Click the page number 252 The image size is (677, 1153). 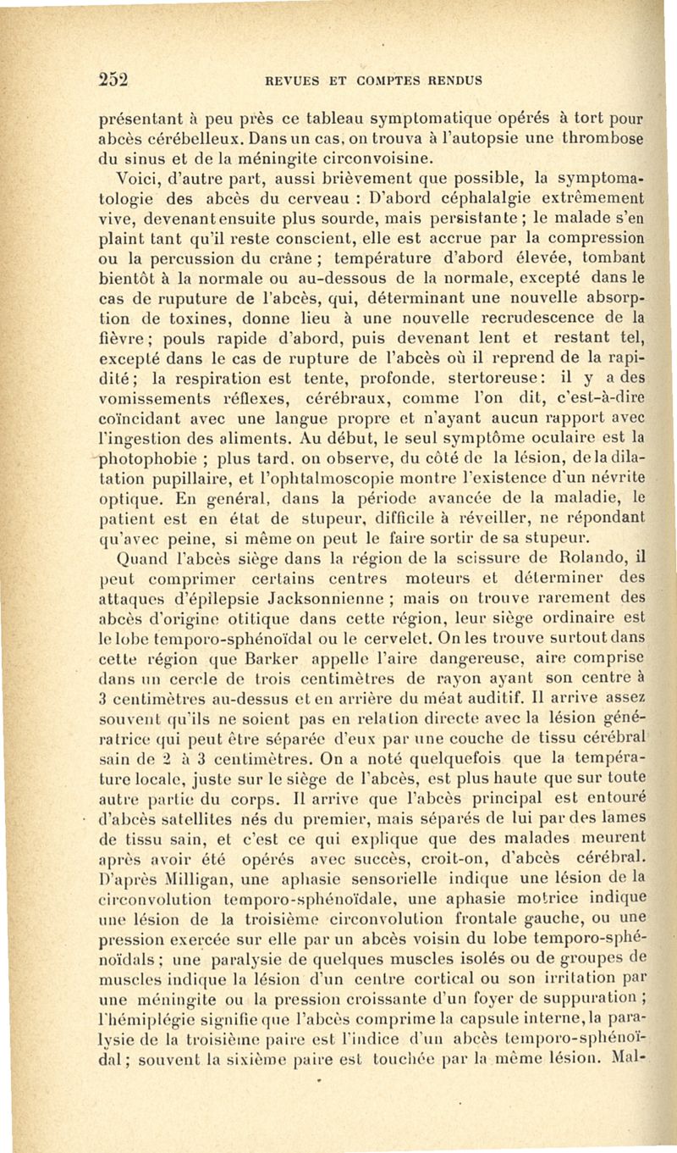pyautogui.click(x=111, y=80)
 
